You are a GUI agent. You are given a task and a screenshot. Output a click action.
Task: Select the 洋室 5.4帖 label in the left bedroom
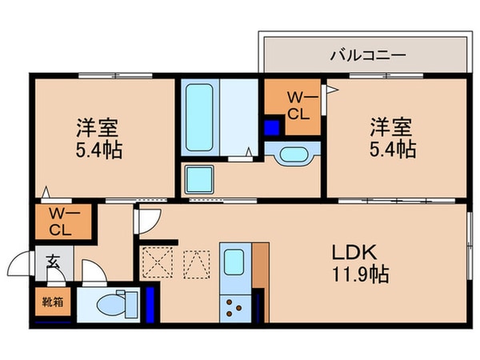coord(99,138)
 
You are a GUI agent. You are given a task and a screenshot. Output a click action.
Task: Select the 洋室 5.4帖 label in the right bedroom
coord(391,137)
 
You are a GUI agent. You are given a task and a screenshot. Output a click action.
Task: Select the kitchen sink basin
coord(234,262)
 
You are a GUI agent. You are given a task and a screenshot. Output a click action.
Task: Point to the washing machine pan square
coord(198,178)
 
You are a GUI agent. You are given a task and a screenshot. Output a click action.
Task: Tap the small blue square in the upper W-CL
coord(272,126)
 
